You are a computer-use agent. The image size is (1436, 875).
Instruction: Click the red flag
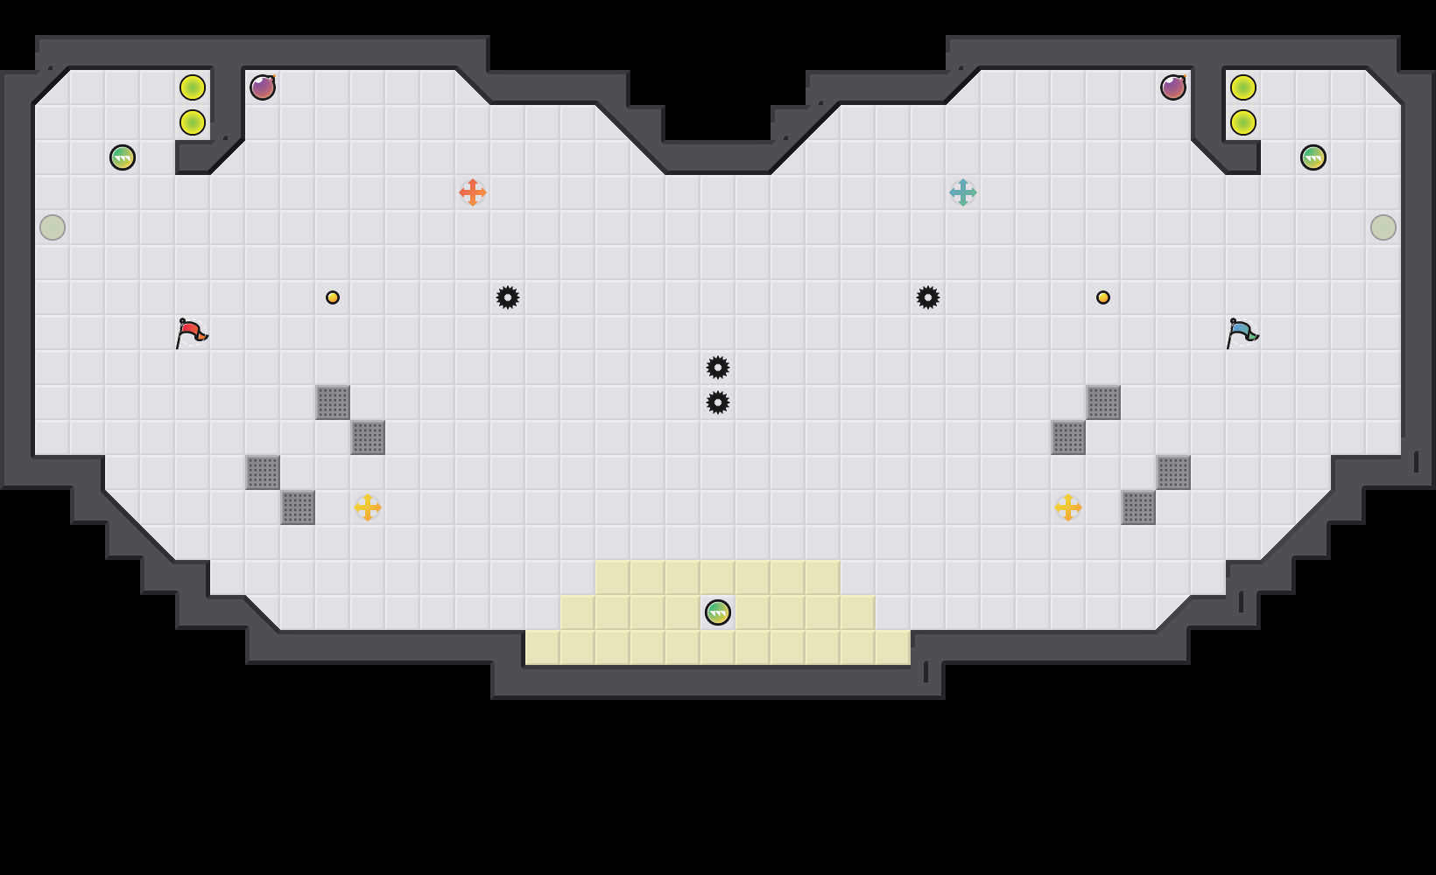[x=191, y=332]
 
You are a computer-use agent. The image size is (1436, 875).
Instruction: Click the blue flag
[x=1242, y=332]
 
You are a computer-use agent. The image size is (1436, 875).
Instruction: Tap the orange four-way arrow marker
[x=473, y=192]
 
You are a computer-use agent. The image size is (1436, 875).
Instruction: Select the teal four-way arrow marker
[x=963, y=192]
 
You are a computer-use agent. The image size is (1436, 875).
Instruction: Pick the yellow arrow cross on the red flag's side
[x=368, y=507]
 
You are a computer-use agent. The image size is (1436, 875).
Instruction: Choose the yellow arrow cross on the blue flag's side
[x=1068, y=507]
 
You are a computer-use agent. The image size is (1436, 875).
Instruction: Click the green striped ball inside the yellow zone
[x=718, y=612]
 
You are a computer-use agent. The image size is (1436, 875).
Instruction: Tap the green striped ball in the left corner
[x=123, y=157]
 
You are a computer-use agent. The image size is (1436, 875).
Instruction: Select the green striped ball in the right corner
[x=1313, y=157]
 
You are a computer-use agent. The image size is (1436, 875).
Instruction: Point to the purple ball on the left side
[x=263, y=87]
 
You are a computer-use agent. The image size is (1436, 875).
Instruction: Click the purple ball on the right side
[x=1173, y=87]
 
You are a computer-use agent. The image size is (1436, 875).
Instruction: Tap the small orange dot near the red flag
[x=333, y=297]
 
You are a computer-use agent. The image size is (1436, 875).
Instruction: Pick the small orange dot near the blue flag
[x=1103, y=297]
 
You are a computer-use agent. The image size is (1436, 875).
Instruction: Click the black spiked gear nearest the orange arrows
[x=508, y=297]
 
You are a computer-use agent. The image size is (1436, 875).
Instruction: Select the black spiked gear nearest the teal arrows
[x=928, y=297]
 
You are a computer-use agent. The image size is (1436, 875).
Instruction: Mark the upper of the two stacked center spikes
[x=718, y=367]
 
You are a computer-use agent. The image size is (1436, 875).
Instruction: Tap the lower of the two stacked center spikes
[x=718, y=402]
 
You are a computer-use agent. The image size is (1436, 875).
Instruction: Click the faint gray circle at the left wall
[x=53, y=227]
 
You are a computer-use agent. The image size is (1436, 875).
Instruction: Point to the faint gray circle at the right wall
[x=1383, y=227]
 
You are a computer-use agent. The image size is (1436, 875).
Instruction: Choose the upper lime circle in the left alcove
[x=193, y=87]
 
